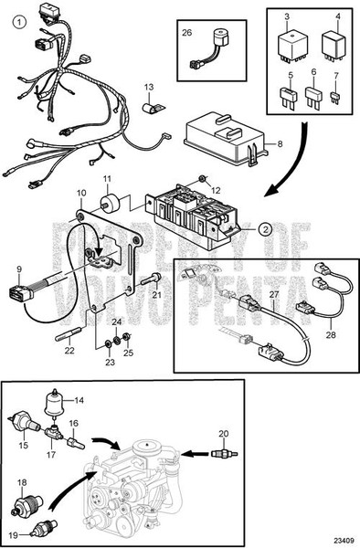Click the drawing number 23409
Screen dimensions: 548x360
[345, 540]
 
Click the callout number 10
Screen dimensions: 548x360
[80, 194]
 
